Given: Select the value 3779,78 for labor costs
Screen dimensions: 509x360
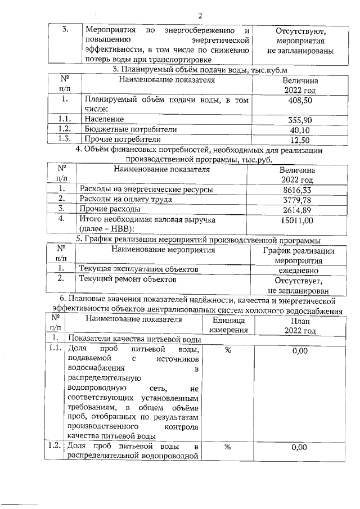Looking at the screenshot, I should pyautogui.click(x=298, y=199).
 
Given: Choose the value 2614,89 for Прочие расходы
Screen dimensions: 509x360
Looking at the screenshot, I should pyautogui.click(x=298, y=209).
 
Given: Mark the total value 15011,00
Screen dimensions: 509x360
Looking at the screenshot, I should pyautogui.click(x=298, y=220).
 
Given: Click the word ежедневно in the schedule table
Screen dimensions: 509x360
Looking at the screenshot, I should pyautogui.click(x=299, y=270).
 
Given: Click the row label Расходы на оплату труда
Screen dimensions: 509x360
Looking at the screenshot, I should pyautogui.click(x=134, y=199).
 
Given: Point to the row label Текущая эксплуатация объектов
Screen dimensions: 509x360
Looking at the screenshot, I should pyautogui.click(x=138, y=270).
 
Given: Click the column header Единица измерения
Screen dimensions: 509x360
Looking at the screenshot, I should pyautogui.click(x=228, y=325).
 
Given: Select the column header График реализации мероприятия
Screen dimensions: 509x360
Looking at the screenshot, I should pyautogui.click(x=299, y=255).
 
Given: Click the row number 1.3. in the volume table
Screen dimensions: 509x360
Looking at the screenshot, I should pyautogui.click(x=65, y=139).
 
